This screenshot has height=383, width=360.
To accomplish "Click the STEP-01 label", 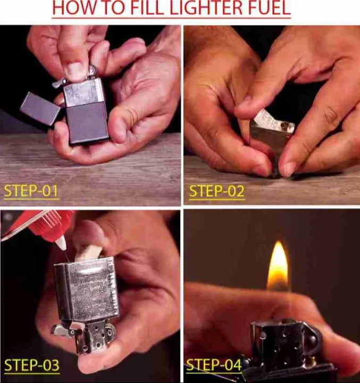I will pyautogui.click(x=31, y=190).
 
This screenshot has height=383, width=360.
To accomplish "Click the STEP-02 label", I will pyautogui.click(x=216, y=190).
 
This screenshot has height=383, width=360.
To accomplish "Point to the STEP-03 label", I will pyautogui.click(x=31, y=365).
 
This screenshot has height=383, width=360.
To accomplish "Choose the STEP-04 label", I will pyautogui.click(x=214, y=365).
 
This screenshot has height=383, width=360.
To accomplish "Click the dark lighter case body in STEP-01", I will pyautogui.click(x=88, y=122).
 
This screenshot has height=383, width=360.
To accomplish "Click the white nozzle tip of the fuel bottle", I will pyautogui.click(x=63, y=244).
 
